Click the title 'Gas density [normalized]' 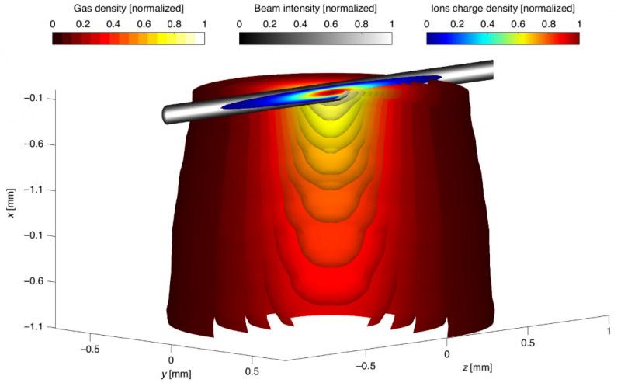129,8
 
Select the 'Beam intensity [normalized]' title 315,8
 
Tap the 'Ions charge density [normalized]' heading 502,8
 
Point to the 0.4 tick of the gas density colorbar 113,24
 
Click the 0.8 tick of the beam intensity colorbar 362,24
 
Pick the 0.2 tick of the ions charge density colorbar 457,24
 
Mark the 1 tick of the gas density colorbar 204,24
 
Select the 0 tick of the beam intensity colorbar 239,24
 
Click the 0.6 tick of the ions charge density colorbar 518,24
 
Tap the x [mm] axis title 11,203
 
